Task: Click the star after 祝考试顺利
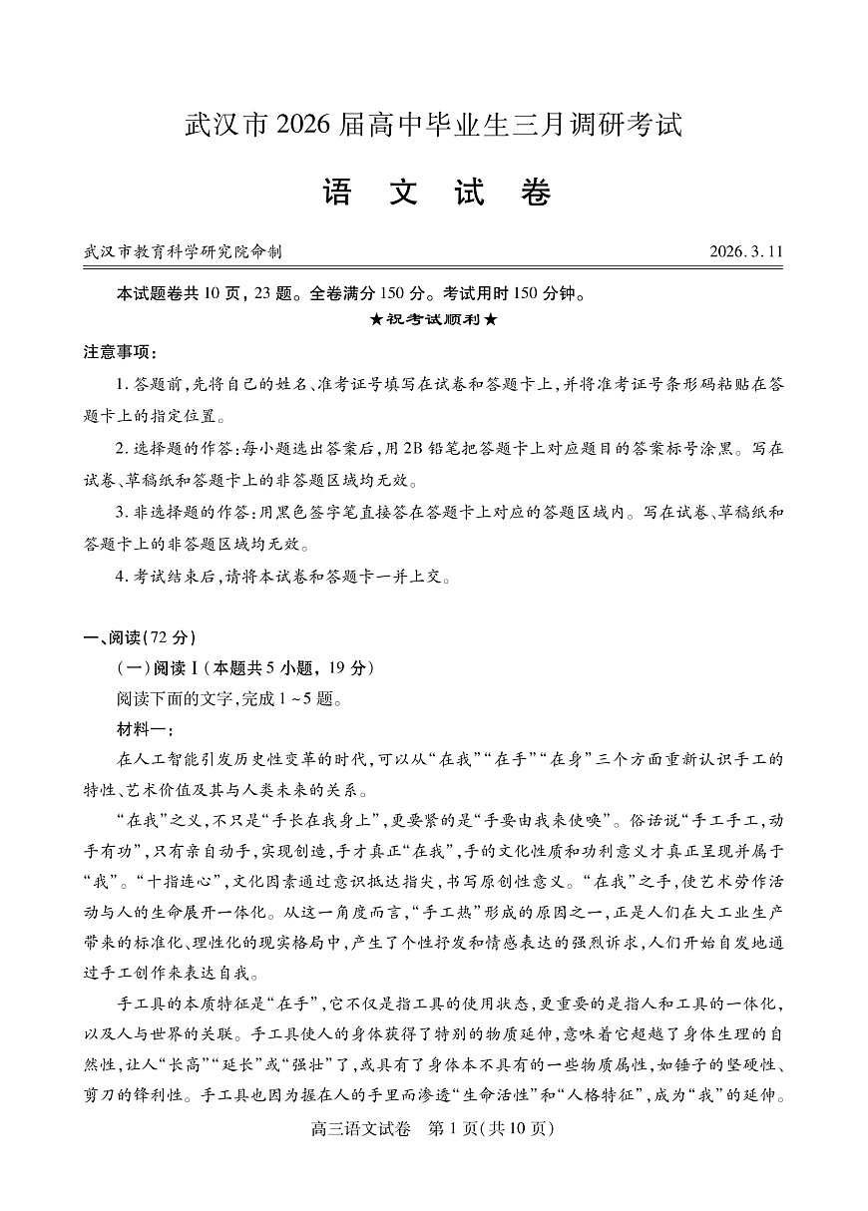491,320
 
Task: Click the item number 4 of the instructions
122,577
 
